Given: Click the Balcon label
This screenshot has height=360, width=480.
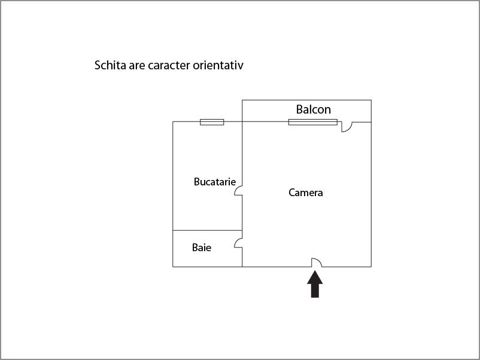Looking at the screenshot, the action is pos(314,109).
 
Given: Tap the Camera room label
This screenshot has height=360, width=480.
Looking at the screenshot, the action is pos(305,193).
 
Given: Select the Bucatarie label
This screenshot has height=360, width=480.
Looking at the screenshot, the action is pos(215,182).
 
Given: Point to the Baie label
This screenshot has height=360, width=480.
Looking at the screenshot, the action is pos(202,248).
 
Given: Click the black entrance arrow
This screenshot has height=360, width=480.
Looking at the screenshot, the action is pos(315,285).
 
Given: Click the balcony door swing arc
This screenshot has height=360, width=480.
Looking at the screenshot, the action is pos(349,129).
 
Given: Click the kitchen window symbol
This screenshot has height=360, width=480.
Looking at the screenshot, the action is pos(212,122).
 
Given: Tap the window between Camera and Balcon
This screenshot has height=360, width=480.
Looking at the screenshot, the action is pos(313,122).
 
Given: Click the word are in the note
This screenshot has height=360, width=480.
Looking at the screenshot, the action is pos(137,66).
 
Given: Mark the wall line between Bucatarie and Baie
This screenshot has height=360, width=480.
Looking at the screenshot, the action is pos(207,230).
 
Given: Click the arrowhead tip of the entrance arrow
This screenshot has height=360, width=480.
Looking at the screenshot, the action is pos(315,271).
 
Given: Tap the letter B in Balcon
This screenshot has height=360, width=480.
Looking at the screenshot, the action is pos(299,109).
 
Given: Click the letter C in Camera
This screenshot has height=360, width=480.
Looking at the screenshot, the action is pos(291,193).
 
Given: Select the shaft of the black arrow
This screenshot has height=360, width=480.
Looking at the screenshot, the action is pos(315,291).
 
